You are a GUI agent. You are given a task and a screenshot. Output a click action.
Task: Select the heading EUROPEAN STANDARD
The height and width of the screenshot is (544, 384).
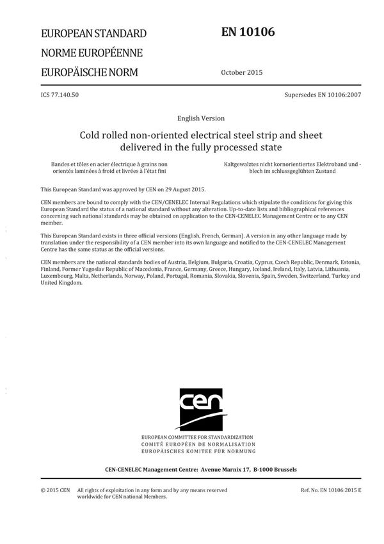93,33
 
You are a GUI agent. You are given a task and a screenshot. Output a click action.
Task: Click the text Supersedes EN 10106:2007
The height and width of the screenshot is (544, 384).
323,95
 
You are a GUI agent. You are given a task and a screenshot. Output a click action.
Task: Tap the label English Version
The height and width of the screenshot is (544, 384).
202,118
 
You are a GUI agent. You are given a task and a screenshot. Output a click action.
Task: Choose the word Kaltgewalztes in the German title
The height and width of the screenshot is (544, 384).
243,165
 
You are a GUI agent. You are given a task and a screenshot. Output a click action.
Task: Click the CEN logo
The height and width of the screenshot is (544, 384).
201,409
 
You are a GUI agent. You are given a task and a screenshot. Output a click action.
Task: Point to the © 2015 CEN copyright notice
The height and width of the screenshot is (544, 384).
55,490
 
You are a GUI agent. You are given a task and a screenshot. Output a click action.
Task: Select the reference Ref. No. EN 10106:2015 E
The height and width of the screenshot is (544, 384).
331,490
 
